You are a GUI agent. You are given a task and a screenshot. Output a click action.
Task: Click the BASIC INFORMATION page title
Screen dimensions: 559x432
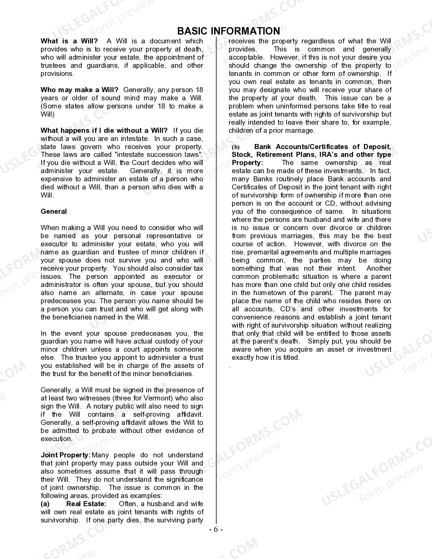(x=228, y=31)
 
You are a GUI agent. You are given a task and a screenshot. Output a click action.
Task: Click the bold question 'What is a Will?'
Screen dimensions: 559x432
(x=69, y=41)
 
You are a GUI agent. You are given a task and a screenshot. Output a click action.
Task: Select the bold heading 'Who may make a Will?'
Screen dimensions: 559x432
(x=80, y=90)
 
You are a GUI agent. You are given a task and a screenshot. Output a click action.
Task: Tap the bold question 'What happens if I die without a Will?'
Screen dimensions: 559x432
(x=104, y=130)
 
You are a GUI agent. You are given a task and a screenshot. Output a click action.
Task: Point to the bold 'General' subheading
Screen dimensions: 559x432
(x=54, y=211)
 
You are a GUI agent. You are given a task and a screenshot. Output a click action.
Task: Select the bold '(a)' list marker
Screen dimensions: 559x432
(x=45, y=504)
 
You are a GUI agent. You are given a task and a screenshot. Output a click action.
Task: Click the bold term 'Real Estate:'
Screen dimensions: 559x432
(x=86, y=504)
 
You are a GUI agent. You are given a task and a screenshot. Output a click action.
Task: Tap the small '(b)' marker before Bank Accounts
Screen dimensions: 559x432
(x=235, y=147)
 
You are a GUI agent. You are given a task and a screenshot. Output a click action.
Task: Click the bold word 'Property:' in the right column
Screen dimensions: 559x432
(x=247, y=163)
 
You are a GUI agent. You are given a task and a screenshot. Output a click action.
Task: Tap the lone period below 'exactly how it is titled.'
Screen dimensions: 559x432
(x=230, y=367)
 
